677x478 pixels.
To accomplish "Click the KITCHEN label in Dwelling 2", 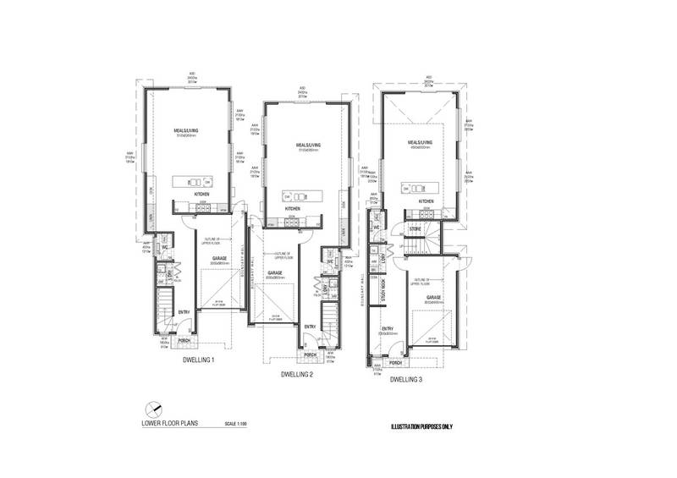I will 293,208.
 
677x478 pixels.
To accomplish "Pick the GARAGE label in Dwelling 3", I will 434,298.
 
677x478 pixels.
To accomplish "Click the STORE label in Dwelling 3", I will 415,228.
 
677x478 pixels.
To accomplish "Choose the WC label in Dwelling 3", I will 375,226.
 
